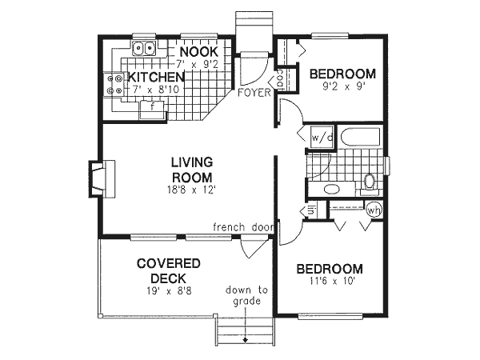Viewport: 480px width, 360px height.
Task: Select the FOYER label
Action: (252, 93)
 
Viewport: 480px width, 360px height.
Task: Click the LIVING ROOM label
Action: (191, 170)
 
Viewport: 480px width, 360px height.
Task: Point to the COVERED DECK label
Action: (168, 270)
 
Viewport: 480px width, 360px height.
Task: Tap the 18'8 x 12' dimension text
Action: (191, 190)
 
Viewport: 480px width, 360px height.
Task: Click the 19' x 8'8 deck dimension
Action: (168, 291)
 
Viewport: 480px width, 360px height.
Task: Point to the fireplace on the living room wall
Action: (102, 177)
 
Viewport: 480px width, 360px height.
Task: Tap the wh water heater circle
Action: (374, 210)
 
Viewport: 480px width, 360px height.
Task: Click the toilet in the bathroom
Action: (370, 181)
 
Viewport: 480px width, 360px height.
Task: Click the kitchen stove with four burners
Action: (113, 84)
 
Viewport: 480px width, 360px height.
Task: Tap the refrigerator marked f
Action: (151, 109)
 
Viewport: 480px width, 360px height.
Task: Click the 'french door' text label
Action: (243, 227)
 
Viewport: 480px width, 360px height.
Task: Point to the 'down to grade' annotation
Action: (246, 296)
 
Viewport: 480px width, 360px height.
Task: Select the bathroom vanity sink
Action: (330, 190)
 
